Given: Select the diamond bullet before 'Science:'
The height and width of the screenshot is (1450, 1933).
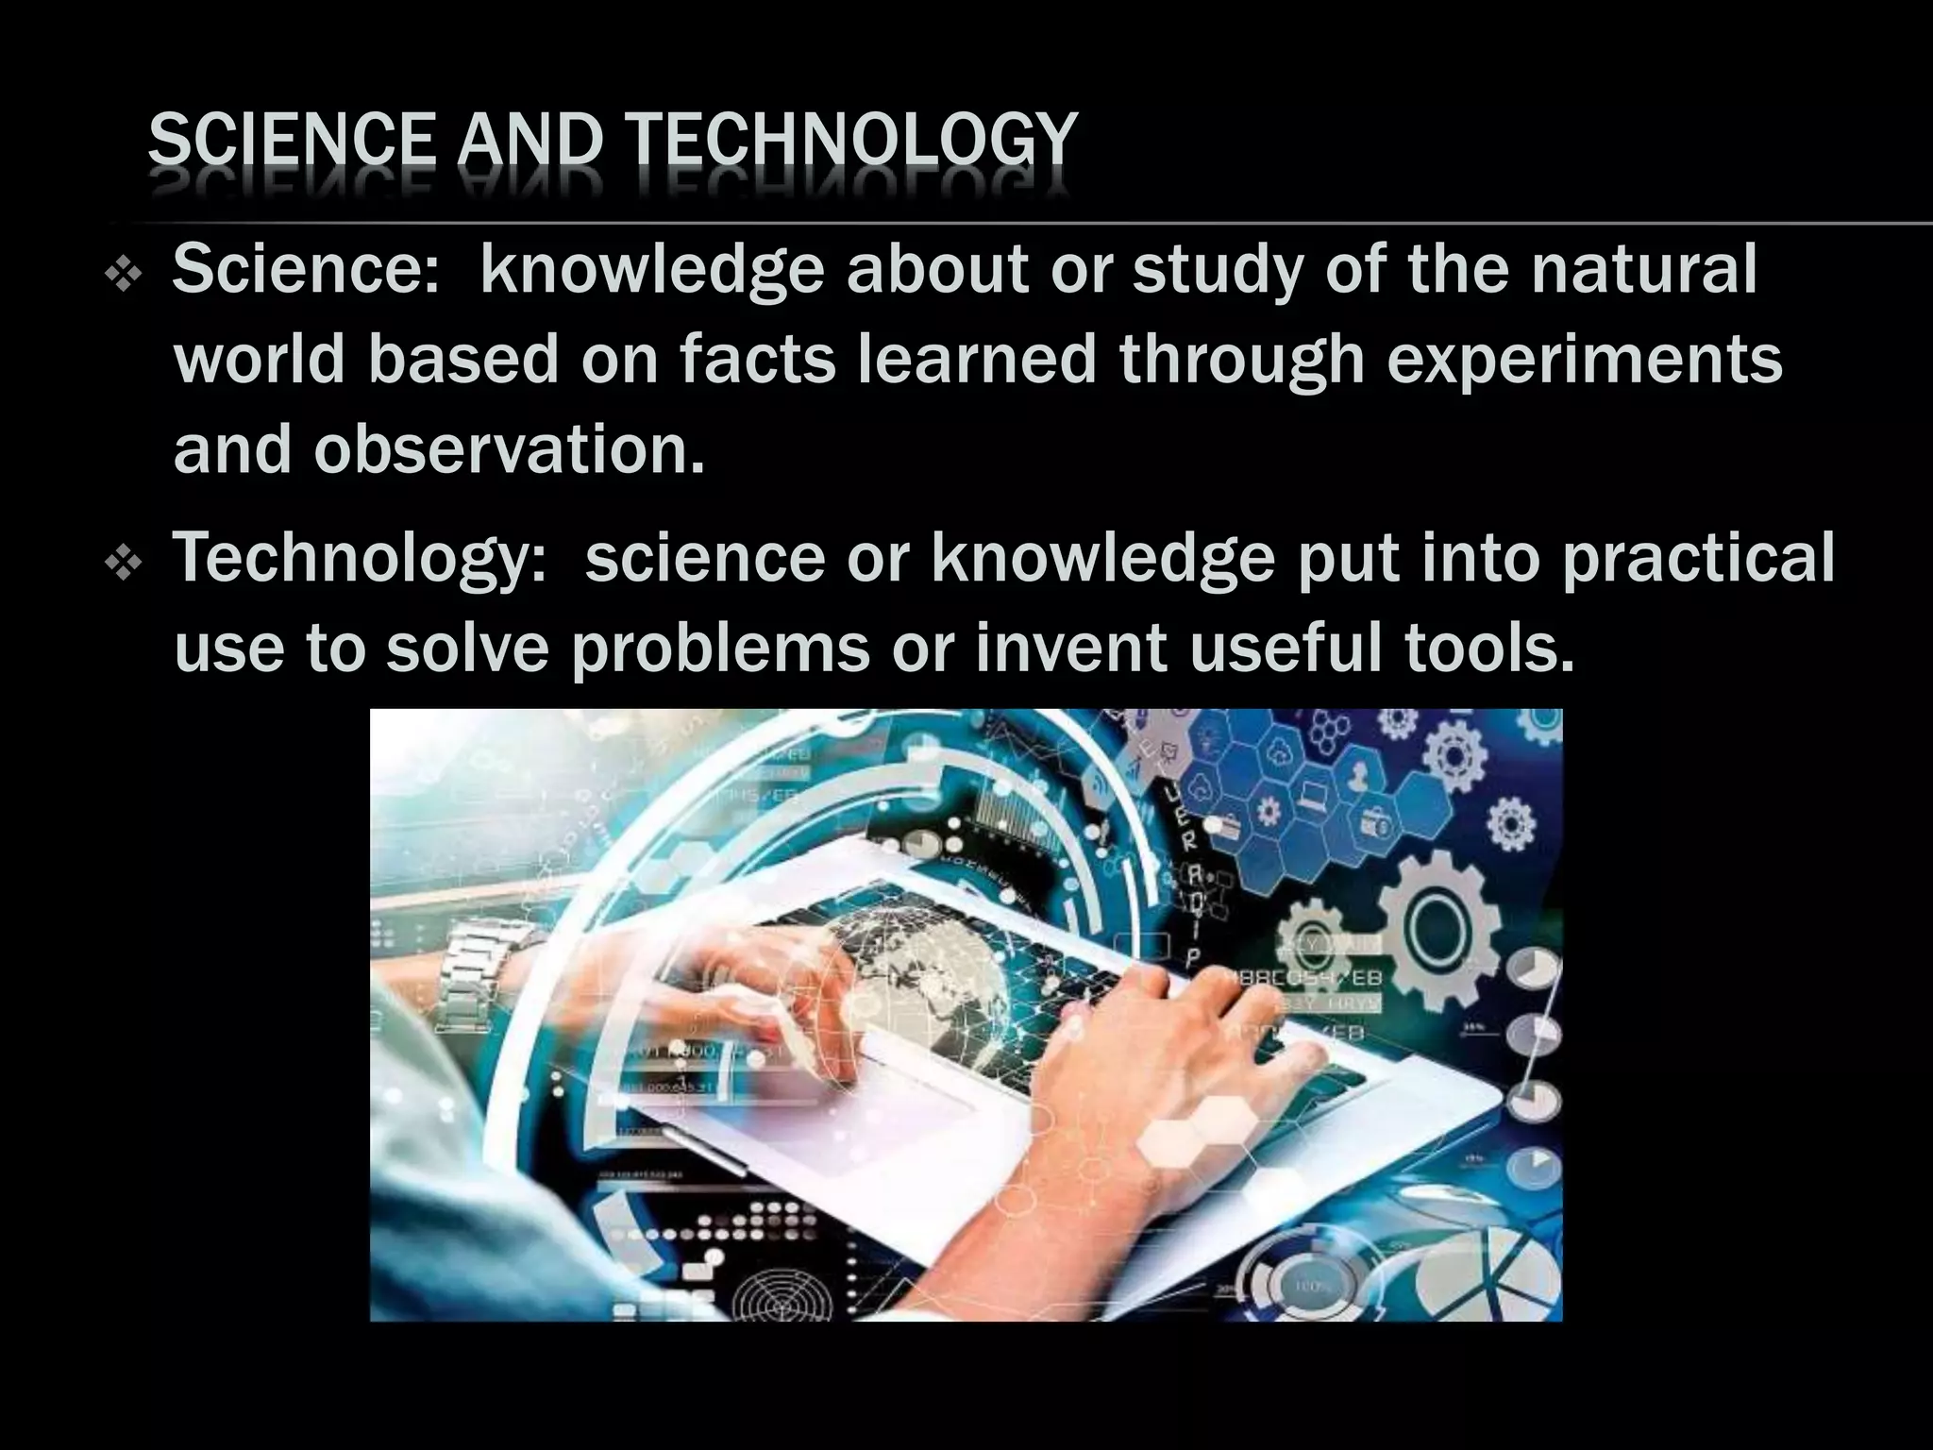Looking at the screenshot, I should click(x=124, y=276).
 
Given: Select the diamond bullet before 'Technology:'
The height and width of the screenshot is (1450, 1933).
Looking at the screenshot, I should click(x=124, y=564).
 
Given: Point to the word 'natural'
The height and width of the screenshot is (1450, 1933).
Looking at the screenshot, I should click(x=1644, y=269).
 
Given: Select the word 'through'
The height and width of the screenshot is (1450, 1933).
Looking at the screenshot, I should click(x=1242, y=362).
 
